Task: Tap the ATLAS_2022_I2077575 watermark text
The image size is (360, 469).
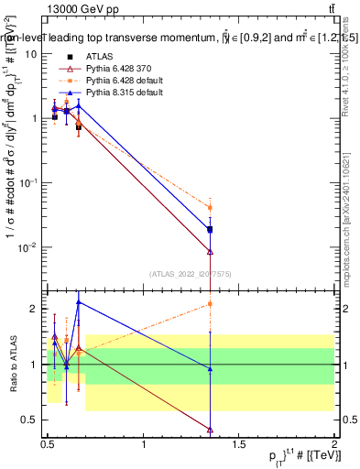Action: [191, 273]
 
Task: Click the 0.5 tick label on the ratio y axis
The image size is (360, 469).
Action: [29, 420]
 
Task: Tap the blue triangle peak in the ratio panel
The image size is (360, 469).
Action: [79, 302]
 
